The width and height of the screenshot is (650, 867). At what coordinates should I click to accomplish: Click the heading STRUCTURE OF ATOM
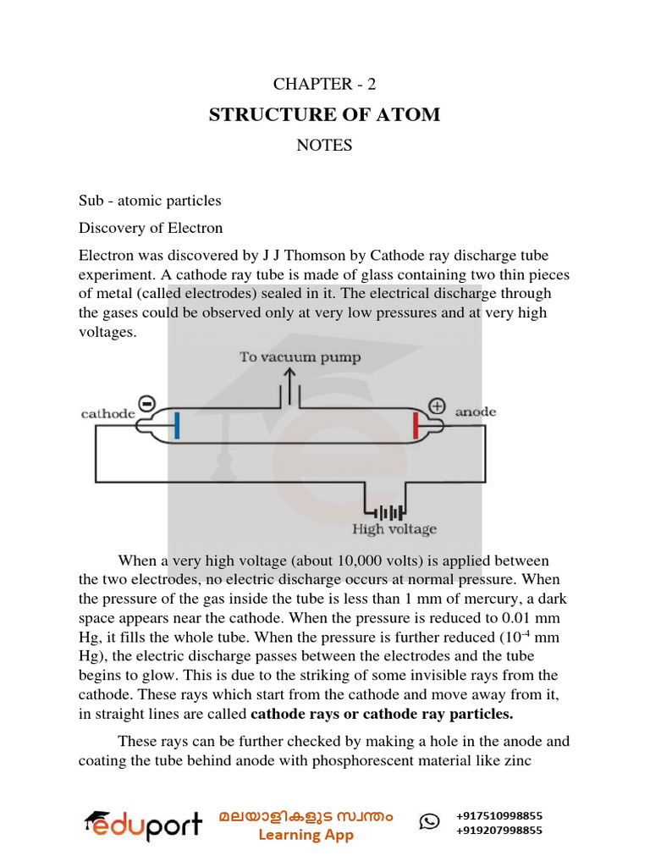click(x=324, y=114)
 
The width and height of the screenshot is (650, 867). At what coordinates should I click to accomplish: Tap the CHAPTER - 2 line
click(x=324, y=84)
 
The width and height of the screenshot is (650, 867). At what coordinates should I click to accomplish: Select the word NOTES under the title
click(x=324, y=145)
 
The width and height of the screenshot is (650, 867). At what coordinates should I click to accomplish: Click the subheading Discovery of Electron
click(x=151, y=228)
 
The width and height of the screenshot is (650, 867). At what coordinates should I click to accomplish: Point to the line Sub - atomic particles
click(x=150, y=201)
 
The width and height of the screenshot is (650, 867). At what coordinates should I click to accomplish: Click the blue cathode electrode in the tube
click(x=177, y=424)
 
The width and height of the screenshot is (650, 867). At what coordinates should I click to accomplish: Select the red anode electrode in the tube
click(x=416, y=425)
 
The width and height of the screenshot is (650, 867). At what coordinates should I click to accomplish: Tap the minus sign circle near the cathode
click(x=146, y=405)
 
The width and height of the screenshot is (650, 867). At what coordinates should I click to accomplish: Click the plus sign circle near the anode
click(x=437, y=406)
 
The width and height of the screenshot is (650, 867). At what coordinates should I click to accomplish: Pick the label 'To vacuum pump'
click(x=300, y=357)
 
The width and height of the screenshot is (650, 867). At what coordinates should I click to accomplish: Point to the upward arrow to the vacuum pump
click(x=289, y=385)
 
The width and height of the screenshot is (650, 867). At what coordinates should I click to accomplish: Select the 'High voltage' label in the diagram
click(x=394, y=530)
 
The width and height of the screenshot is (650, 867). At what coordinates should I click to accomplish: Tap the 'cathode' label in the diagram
click(x=107, y=413)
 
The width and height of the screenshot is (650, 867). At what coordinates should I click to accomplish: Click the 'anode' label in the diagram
click(x=476, y=412)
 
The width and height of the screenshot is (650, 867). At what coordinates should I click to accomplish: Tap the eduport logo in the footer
click(x=142, y=825)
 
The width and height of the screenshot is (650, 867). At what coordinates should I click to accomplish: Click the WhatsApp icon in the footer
click(x=429, y=821)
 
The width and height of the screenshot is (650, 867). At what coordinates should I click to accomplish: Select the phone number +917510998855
click(x=499, y=816)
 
